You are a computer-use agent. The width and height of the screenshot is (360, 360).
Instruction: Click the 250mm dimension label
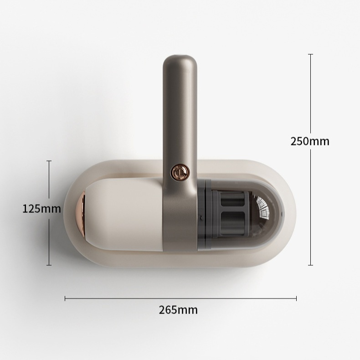pos(310,141)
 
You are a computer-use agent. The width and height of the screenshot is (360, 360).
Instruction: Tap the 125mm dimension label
pos(41,209)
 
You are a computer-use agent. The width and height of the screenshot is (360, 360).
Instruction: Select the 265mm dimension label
pos(178,310)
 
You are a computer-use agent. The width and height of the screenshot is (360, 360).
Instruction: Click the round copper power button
pos(180,171)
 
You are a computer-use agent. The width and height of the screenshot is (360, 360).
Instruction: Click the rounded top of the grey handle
pos(180,62)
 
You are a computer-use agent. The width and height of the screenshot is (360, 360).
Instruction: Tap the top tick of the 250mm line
pos(310,54)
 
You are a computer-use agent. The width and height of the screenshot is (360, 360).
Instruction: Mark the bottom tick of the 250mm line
pos(310,265)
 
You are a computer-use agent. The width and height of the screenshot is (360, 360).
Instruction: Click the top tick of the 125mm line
pos(49,161)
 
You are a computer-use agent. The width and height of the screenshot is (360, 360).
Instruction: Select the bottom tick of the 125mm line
pos(49,265)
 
